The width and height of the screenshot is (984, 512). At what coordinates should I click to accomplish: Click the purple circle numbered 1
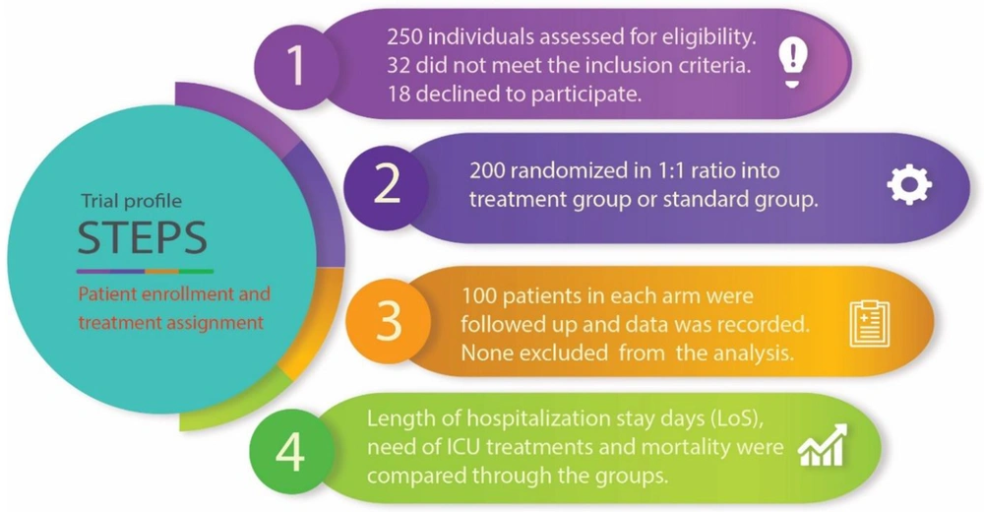(x=296, y=65)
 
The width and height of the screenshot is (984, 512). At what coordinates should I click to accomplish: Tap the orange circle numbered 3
(x=389, y=320)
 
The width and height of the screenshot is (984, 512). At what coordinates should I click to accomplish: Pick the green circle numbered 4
(x=291, y=451)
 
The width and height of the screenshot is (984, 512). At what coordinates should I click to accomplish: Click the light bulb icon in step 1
(x=792, y=63)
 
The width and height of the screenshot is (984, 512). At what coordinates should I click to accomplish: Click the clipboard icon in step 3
(x=870, y=323)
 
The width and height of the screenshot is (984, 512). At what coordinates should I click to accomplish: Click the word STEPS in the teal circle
(x=143, y=237)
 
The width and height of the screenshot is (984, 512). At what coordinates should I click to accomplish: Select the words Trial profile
(x=131, y=201)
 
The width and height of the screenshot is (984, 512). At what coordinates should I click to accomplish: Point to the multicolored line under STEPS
(x=145, y=272)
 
